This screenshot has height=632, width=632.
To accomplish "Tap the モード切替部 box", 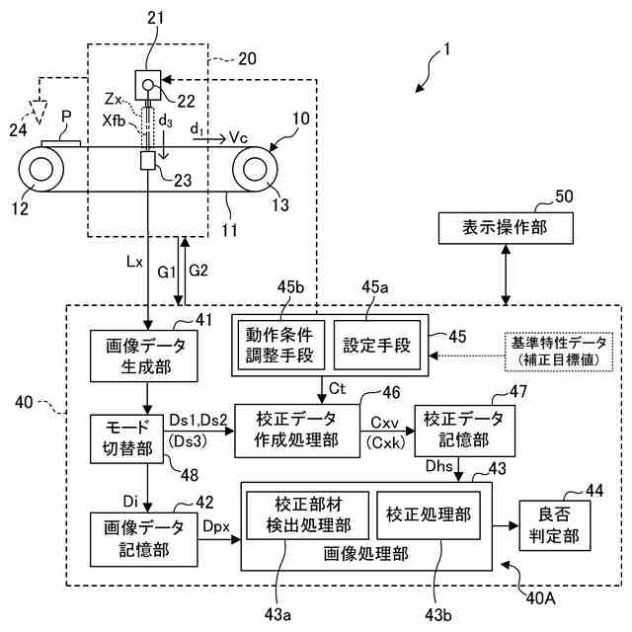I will tap(119, 435).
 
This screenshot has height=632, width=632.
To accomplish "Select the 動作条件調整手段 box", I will tap(277, 343).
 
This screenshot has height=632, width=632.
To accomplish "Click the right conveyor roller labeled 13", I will tap(254, 169).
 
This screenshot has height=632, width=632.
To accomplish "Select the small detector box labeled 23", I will tap(151, 162).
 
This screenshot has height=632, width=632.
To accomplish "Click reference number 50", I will tap(563, 196).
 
